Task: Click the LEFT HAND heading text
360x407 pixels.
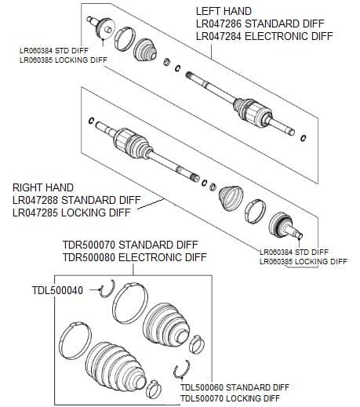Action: click(x=223, y=11)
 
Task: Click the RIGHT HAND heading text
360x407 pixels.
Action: click(x=43, y=187)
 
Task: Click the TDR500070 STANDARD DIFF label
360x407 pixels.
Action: click(x=129, y=245)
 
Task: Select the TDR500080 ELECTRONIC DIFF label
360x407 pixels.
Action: click(x=134, y=257)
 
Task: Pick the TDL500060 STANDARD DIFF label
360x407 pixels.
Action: click(x=234, y=387)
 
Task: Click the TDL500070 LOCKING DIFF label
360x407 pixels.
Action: click(x=230, y=398)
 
